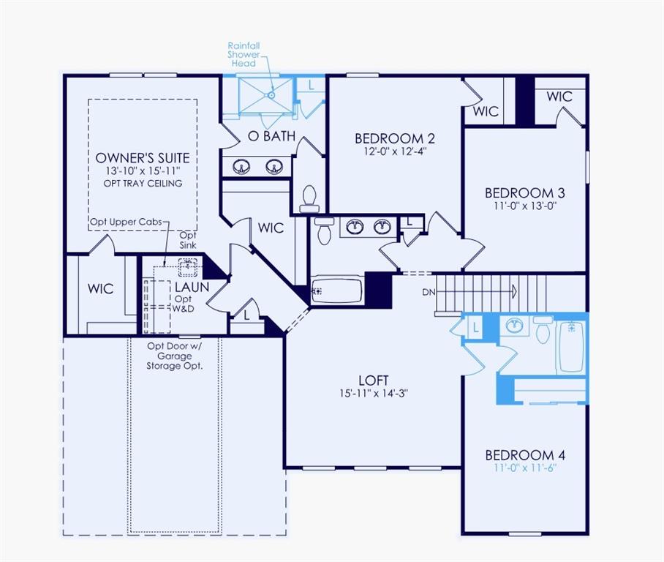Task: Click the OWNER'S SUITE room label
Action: (x=143, y=157)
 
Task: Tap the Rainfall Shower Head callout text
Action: (x=243, y=55)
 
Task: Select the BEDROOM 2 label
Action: (x=395, y=138)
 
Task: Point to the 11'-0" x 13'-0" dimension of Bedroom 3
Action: (x=524, y=206)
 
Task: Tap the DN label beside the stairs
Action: (x=429, y=292)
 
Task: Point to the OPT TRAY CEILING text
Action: (x=143, y=183)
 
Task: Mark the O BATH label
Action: (x=271, y=135)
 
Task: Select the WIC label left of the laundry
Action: (x=100, y=288)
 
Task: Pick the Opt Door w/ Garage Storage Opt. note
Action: (x=174, y=356)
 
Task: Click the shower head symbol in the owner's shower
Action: (x=271, y=94)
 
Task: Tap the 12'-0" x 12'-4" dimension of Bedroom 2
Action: (x=395, y=151)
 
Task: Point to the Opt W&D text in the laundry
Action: (x=183, y=304)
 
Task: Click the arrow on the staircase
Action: (x=513, y=292)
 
